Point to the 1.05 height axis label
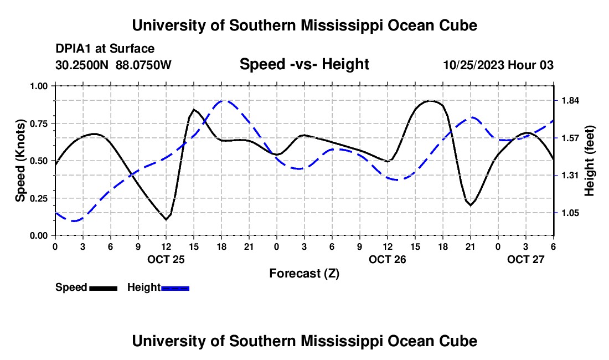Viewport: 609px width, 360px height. (x=570, y=213)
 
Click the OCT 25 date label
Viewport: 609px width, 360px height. (x=166, y=259)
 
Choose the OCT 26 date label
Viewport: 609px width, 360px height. (x=388, y=259)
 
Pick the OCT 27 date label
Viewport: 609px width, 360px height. (x=526, y=259)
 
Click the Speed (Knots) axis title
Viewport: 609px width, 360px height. (x=20, y=160)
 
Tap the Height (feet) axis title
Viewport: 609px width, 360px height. (x=589, y=160)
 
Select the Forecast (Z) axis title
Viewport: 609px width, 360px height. (x=304, y=273)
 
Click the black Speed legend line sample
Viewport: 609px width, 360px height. (x=104, y=288)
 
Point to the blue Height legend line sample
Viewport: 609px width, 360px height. (x=176, y=288)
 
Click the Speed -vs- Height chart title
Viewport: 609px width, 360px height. (x=304, y=65)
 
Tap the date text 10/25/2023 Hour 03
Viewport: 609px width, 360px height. (x=498, y=65)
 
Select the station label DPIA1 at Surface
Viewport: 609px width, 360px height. (x=105, y=49)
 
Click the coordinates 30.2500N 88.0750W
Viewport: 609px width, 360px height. (x=113, y=65)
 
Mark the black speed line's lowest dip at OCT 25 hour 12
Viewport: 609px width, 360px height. (x=166, y=220)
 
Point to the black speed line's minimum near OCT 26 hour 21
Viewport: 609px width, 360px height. (x=471, y=205)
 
